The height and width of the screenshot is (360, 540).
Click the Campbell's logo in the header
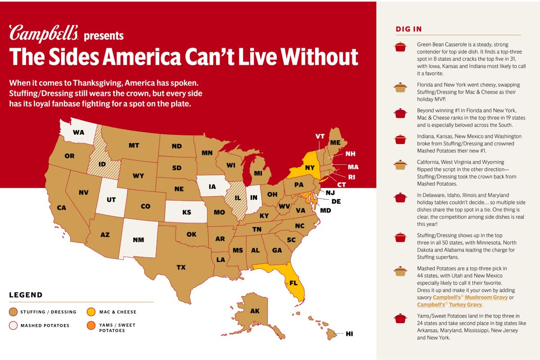(44, 34)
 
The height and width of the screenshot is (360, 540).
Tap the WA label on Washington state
(78, 132)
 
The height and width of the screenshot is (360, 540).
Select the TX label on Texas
(181, 267)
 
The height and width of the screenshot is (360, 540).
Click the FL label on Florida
(293, 283)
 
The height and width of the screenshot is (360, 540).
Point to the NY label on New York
(310, 167)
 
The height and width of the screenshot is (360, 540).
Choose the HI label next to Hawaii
(349, 333)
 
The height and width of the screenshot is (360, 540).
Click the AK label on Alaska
(255, 311)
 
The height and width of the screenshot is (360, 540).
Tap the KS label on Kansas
(187, 212)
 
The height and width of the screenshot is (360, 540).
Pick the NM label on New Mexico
(138, 240)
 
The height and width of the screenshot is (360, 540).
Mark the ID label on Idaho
(102, 164)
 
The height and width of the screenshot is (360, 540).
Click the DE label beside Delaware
(336, 201)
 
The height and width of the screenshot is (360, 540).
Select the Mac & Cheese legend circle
(90, 312)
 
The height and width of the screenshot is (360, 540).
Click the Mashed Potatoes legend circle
(13, 325)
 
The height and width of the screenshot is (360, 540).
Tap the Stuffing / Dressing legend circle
(13, 312)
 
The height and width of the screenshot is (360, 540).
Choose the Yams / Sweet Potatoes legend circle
(90, 325)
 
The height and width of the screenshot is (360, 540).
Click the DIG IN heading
(409, 29)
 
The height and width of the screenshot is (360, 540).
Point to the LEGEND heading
(26, 295)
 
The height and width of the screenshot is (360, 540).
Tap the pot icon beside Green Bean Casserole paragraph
(400, 47)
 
